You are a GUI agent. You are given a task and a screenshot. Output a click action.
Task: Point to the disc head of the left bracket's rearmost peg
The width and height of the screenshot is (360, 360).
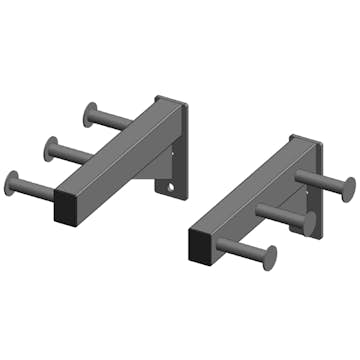(88, 114)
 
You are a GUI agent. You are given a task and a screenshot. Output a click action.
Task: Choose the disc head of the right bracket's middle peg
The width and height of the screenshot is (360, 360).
(311, 221)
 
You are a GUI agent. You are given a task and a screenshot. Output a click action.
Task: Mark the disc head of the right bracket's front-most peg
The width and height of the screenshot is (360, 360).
(270, 256)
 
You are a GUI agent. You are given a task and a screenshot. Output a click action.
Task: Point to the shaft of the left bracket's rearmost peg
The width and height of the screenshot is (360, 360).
(110, 120)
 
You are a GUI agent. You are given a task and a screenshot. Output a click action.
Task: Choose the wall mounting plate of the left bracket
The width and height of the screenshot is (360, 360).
(178, 150)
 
